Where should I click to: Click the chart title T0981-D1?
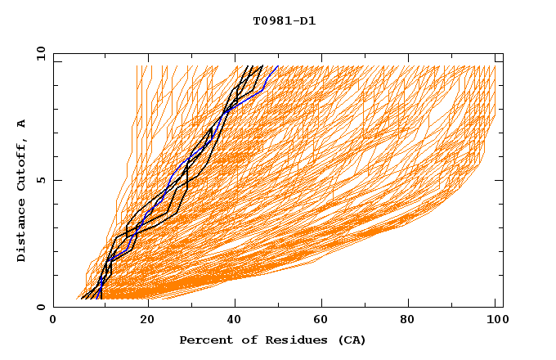[284, 21]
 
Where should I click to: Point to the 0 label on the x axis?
[53, 320]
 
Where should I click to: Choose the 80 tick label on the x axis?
[406, 320]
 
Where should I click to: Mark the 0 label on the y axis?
[41, 307]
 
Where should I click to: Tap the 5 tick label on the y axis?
[41, 180]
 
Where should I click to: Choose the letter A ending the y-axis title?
[21, 124]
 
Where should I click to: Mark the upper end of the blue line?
[278, 66]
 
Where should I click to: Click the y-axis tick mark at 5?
[56, 180]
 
